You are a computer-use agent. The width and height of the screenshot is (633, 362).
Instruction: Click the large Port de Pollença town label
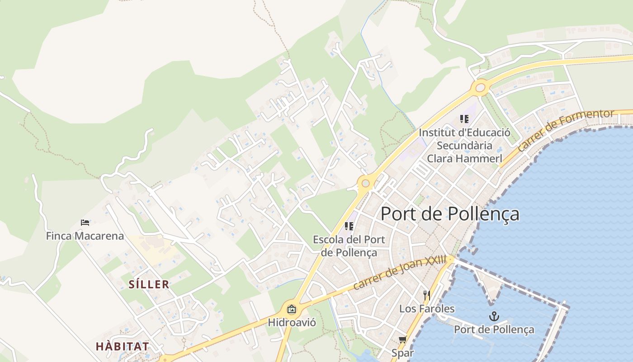tap(450, 214)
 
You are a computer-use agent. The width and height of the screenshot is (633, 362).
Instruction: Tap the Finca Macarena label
tap(85, 236)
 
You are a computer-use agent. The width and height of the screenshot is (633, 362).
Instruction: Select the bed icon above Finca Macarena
tap(85, 222)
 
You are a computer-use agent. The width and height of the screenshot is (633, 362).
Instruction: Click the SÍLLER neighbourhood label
tap(149, 284)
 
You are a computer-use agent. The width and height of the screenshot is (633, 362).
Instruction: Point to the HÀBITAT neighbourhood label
tap(122, 346)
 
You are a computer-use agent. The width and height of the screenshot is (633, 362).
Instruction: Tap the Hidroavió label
tap(292, 323)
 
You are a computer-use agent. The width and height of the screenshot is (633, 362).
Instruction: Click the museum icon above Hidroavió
tap(292, 310)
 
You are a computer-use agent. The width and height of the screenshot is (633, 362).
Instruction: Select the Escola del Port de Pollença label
tap(349, 246)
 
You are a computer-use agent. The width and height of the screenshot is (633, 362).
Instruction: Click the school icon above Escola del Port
tap(349, 226)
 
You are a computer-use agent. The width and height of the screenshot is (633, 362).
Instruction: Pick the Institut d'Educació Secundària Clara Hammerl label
tap(464, 146)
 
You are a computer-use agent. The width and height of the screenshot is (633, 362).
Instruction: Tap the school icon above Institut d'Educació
tap(464, 119)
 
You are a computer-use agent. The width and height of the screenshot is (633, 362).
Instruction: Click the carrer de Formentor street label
tap(566, 130)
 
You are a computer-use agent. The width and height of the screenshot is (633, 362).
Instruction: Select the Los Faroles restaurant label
tap(427, 309)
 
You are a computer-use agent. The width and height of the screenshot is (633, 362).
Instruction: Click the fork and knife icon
tap(427, 295)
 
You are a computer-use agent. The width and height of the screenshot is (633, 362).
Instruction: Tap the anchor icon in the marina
tap(494, 316)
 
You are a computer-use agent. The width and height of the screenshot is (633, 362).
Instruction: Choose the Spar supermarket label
tap(402, 352)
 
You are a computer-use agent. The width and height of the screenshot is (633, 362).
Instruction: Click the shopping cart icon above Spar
tap(402, 339)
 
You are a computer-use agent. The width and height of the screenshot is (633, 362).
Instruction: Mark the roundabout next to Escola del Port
tap(365, 183)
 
